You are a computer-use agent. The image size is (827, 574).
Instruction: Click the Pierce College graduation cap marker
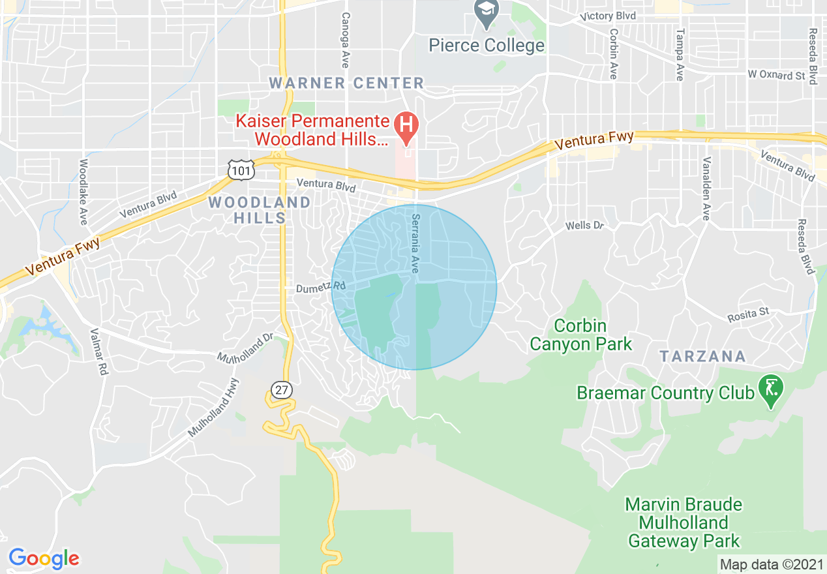pos(486,13)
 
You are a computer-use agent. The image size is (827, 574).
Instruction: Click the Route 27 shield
pos(281,390)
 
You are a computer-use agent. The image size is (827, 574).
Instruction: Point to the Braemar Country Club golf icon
pos(771,389)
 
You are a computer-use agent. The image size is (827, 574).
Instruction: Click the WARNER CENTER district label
pos(346,83)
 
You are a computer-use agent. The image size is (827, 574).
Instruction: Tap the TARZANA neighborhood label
pos(702,356)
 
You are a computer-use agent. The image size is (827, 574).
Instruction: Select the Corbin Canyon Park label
pos(580,335)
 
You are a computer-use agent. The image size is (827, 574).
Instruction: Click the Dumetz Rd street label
pos(320,286)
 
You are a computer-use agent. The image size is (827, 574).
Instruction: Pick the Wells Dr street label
pos(584,226)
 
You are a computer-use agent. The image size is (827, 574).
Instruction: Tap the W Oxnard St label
pos(776,75)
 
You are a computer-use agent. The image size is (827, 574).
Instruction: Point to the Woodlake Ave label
pos(83,192)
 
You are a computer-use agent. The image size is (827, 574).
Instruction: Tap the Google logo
pos(44,558)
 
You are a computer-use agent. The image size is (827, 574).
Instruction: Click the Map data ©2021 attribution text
pos(770,564)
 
